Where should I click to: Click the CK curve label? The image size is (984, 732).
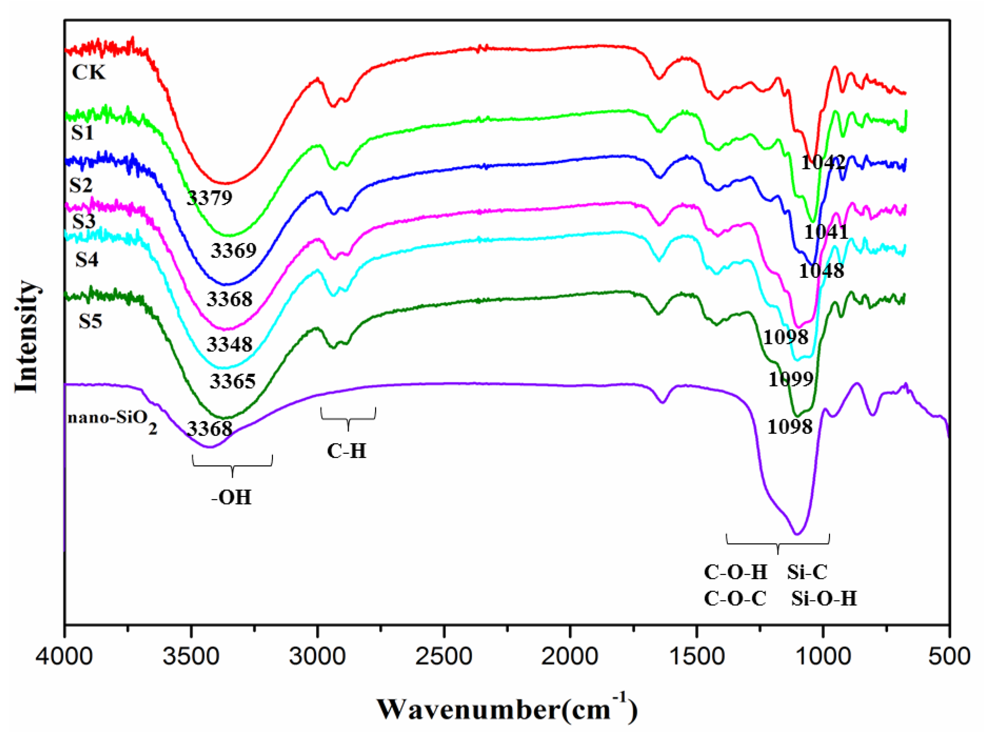[89, 72]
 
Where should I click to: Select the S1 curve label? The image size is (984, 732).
[83, 133]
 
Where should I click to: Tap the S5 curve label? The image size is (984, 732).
[90, 321]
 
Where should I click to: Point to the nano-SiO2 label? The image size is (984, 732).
[113, 420]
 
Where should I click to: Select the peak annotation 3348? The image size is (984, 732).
[229, 344]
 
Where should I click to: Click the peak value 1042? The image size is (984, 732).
[823, 163]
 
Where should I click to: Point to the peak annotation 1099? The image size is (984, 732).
[791, 379]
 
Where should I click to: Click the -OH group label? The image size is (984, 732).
[231, 497]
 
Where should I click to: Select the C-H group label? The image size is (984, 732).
[347, 451]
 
